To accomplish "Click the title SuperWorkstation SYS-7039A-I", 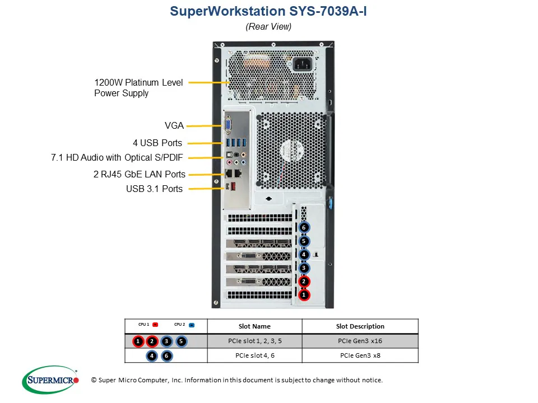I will (268, 11).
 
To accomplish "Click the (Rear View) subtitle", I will (268, 26).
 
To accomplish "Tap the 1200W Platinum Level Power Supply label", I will (138, 88).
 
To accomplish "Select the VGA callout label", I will (174, 126).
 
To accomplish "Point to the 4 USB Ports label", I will (157, 143).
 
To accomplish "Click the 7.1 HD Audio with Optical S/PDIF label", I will (117, 158).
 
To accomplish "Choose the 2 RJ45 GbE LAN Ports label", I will (139, 174).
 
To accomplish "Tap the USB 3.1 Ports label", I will (154, 189).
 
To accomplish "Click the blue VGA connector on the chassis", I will (229, 125).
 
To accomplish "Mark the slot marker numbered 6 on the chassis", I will (304, 228).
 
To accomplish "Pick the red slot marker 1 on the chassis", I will (304, 294).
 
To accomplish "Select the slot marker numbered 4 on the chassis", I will (304, 255).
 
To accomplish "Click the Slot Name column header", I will (254, 326).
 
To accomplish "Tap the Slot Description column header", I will (360, 326).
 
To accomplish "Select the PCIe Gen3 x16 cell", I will (360, 341).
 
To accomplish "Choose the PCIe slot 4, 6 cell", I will (254, 355).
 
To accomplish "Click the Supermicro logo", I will (50, 380).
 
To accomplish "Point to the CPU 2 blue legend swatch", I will (192, 325).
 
